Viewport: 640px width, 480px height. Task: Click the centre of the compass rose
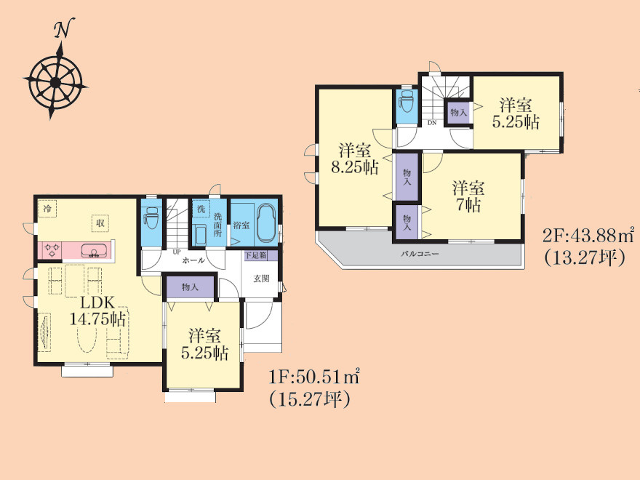[55, 83]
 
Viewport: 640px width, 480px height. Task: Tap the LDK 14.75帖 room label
[98, 311]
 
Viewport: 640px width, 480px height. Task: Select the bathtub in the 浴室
[267, 224]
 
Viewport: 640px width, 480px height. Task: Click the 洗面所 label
[217, 225]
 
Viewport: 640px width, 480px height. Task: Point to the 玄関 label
[261, 279]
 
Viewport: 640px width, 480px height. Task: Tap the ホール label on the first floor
[193, 260]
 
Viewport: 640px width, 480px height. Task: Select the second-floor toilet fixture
[407, 101]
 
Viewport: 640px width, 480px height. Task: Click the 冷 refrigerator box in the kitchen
[48, 209]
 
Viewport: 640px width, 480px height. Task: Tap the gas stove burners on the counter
[52, 249]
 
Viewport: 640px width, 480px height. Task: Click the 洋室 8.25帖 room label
[355, 159]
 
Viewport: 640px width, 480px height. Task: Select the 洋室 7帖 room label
[468, 196]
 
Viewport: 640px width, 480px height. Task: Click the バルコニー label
[420, 254]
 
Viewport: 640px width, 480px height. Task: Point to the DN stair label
[432, 122]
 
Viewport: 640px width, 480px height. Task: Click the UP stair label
[176, 252]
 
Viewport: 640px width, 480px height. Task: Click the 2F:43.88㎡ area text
[588, 235]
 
